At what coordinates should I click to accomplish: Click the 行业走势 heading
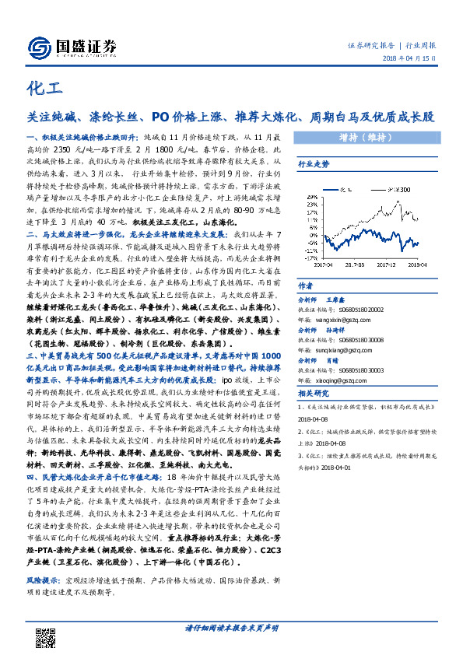314,164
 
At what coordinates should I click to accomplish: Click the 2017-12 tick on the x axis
388,265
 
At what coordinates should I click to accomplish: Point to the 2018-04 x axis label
419,265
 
